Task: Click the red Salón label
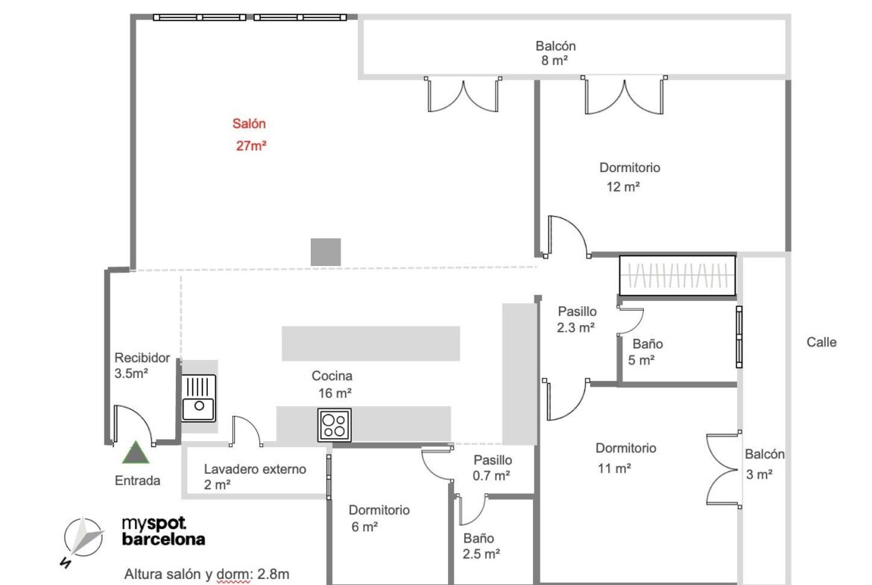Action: [250, 135]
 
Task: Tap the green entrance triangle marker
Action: [136, 452]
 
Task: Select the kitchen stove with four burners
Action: [334, 425]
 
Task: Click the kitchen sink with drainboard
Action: [198, 398]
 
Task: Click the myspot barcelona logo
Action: [163, 531]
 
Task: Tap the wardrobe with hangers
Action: [677, 275]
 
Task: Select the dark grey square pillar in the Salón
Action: [326, 252]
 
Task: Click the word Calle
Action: [821, 342]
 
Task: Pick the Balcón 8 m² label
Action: [555, 53]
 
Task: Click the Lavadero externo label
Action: [255, 476]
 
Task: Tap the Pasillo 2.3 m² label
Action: [577, 319]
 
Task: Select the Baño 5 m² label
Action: [645, 352]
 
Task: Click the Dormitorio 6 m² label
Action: [379, 518]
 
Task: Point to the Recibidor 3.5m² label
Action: [142, 365]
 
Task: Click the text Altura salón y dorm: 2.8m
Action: [206, 574]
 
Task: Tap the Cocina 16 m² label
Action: [332, 385]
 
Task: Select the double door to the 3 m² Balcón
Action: [724, 470]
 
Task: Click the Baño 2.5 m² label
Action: [481, 546]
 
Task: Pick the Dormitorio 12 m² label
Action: [629, 177]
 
